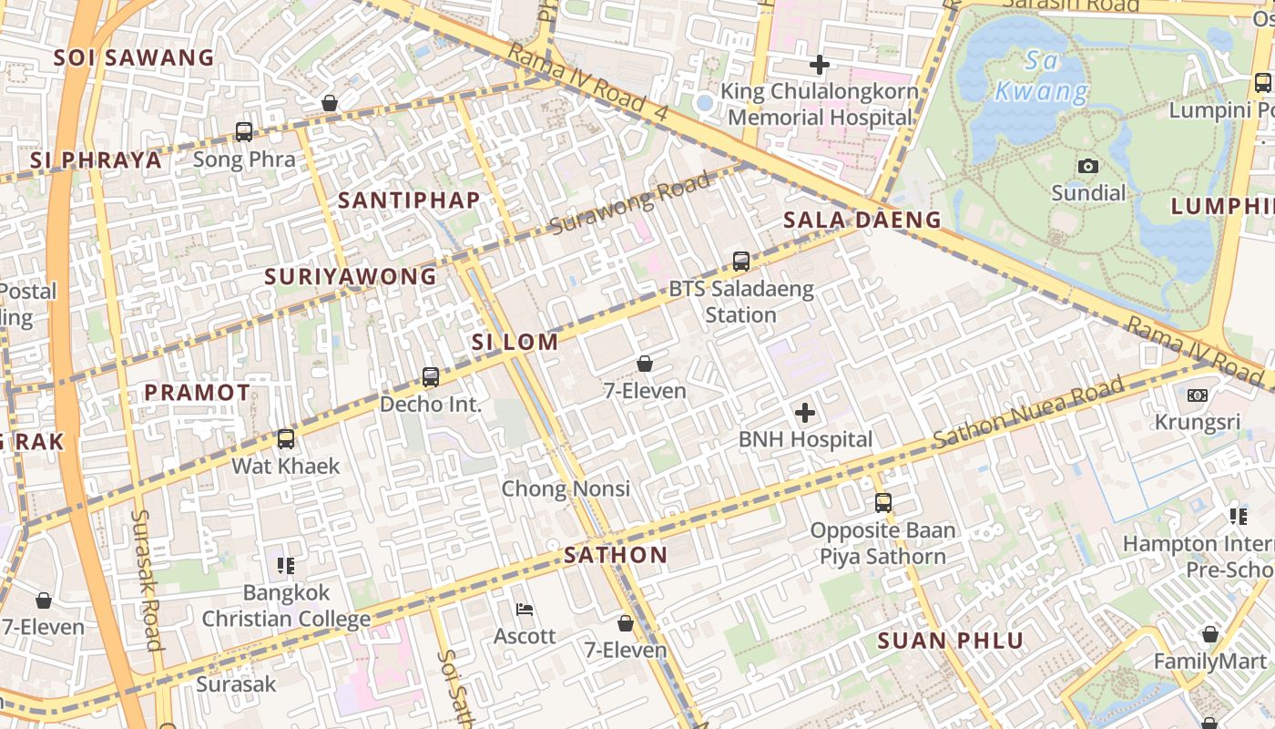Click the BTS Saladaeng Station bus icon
pyautogui.click(x=741, y=262)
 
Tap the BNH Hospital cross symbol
pyautogui.click(x=805, y=413)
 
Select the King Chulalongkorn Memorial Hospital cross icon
pyautogui.click(x=820, y=65)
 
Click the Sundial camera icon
pyautogui.click(x=1088, y=166)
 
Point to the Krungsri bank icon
pyautogui.click(x=1198, y=395)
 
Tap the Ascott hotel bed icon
pyautogui.click(x=525, y=609)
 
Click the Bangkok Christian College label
pyautogui.click(x=286, y=606)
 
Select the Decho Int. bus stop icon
pyautogui.click(x=431, y=376)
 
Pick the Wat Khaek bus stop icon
pyautogui.click(x=286, y=439)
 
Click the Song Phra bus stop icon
pyautogui.click(x=244, y=132)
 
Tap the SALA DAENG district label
pyautogui.click(x=862, y=220)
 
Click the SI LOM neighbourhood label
pyautogui.click(x=515, y=343)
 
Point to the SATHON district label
pyautogui.click(x=616, y=555)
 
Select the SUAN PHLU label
pyautogui.click(x=951, y=641)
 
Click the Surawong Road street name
pyautogui.click(x=630, y=204)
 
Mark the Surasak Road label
pyautogui.click(x=147, y=580)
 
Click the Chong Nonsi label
pyautogui.click(x=566, y=489)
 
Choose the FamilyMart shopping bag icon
pyautogui.click(x=1209, y=634)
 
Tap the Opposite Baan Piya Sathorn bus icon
pyautogui.click(x=882, y=502)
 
